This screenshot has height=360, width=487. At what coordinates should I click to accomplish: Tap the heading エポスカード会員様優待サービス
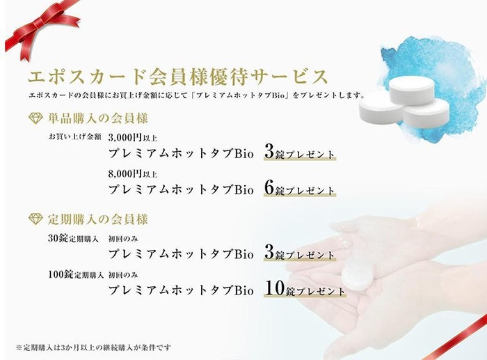click(x=177, y=75)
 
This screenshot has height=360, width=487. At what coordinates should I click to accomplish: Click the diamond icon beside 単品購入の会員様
click(x=35, y=118)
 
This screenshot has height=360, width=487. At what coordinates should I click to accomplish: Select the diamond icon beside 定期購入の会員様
click(x=35, y=219)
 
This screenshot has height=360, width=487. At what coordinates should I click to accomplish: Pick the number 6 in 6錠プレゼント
click(x=270, y=188)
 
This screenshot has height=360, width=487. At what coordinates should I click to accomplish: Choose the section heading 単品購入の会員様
click(x=97, y=118)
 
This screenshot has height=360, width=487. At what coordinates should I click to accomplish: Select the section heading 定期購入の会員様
click(x=97, y=219)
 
